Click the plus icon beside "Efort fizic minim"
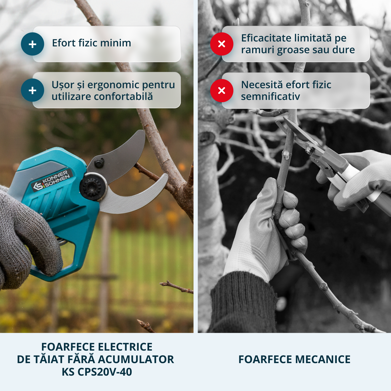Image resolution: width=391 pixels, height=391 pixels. pyautogui.click(x=33, y=44)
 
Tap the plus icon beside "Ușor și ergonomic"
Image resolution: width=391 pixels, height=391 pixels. pyautogui.click(x=33, y=90)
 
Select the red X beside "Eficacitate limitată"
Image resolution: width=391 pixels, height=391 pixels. pyautogui.click(x=222, y=44)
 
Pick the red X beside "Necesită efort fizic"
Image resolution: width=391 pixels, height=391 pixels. pyautogui.click(x=222, y=90)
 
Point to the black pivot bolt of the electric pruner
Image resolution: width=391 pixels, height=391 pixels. pyautogui.click(x=93, y=186)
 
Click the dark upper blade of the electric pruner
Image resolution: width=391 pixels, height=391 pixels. pyautogui.click(x=117, y=156)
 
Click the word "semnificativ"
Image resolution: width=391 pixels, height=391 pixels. pyautogui.click(x=271, y=97)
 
